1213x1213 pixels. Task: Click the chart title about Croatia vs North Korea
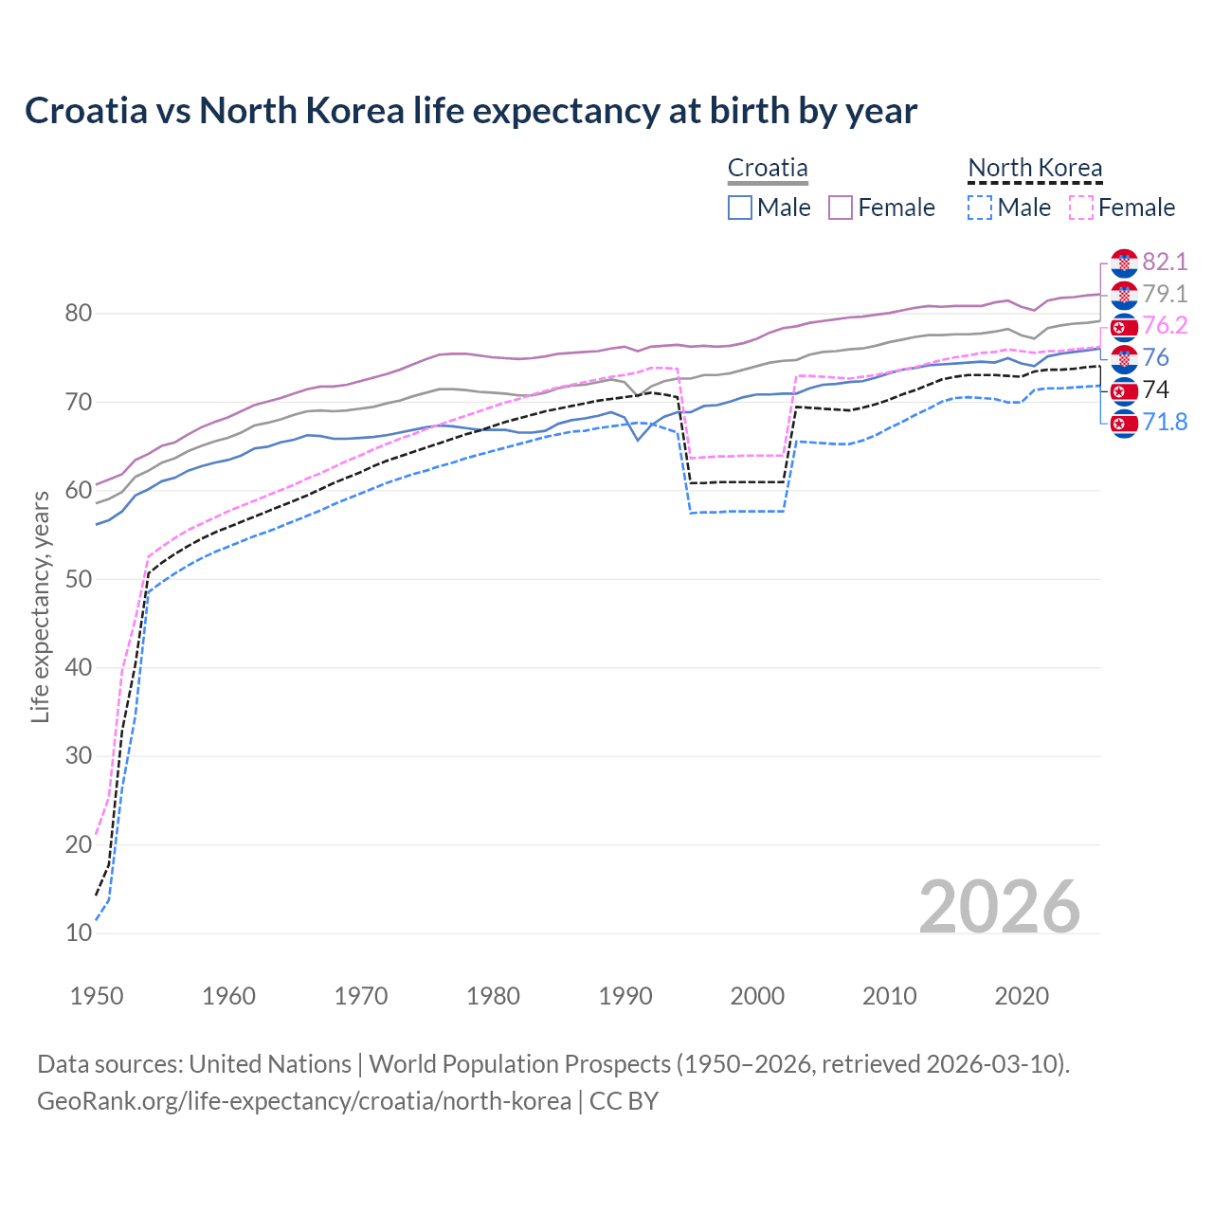tap(471, 111)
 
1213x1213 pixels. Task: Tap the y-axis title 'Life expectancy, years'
tap(40, 606)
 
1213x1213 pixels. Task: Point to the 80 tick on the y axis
tap(78, 314)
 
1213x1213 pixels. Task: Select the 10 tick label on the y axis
tap(78, 932)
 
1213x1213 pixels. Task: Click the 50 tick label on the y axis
tap(78, 579)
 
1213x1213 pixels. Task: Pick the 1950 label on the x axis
tap(97, 996)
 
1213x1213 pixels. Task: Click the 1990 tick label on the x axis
tap(625, 996)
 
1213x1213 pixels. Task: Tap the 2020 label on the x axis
tap(1022, 996)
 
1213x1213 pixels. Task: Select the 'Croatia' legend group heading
tap(768, 169)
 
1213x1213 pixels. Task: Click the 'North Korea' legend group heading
tap(1035, 169)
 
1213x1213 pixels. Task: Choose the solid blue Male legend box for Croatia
tap(740, 208)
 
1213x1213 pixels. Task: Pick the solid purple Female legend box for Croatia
tap(841, 208)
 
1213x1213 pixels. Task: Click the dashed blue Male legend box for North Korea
tap(980, 208)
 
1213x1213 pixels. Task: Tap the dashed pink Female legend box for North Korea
tap(1081, 208)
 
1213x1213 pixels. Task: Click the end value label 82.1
tap(1165, 262)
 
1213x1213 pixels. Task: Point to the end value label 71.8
tap(1165, 422)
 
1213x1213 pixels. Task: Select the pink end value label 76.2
tap(1165, 325)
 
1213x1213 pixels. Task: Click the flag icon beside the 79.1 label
tap(1124, 295)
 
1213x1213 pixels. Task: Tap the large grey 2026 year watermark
tap(999, 907)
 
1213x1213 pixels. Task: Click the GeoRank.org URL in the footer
tap(303, 1100)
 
